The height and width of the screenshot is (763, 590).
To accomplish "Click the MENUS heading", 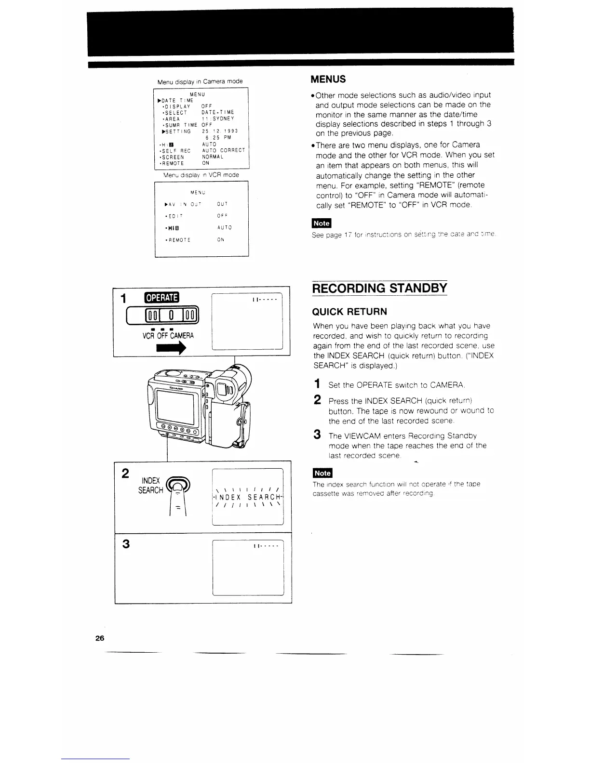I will [x=328, y=79].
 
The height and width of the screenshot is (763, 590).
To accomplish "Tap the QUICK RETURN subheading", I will [x=350, y=311].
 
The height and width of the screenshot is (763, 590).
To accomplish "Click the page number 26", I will [x=100, y=638].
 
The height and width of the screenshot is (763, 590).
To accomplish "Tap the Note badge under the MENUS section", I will [x=322, y=223].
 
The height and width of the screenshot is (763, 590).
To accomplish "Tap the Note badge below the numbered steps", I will [x=322, y=472].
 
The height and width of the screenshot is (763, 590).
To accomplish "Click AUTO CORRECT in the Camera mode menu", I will [x=224, y=150].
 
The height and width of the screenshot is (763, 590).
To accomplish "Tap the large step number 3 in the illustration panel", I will [x=126, y=544].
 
